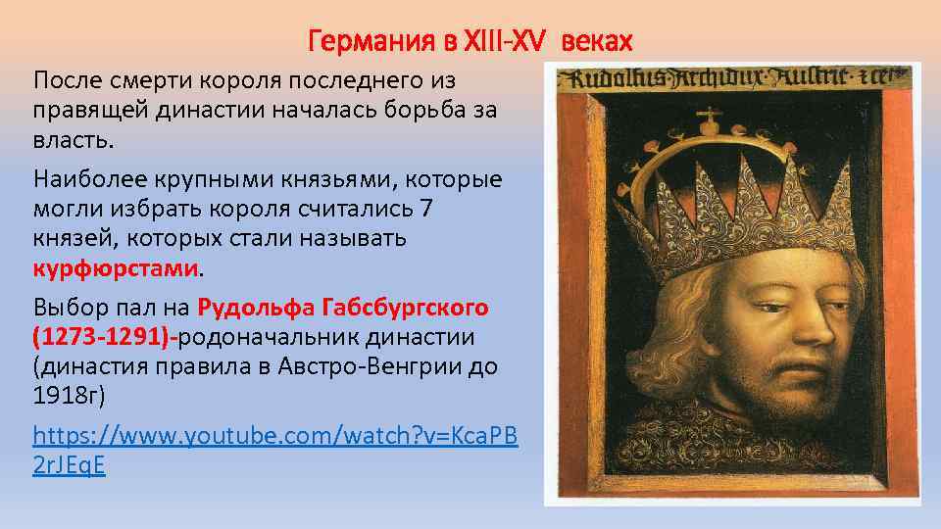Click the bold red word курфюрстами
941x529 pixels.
[117, 267]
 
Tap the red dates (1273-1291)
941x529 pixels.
[103, 338]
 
